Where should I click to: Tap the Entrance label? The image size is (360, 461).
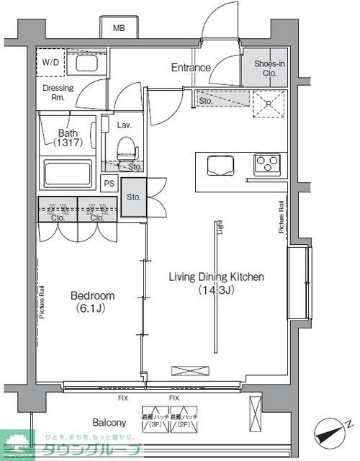tap(190, 68)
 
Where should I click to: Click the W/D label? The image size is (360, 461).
tap(51, 62)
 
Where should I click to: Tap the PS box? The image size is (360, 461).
tap(109, 184)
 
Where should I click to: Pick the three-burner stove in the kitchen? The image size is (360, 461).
tap(269, 165)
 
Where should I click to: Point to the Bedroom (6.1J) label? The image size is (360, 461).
tap(91, 301)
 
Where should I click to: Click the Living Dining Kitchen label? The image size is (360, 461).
tap(216, 282)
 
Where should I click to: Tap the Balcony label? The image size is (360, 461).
tap(109, 423)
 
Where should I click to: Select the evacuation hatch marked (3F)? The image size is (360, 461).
tap(152, 421)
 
